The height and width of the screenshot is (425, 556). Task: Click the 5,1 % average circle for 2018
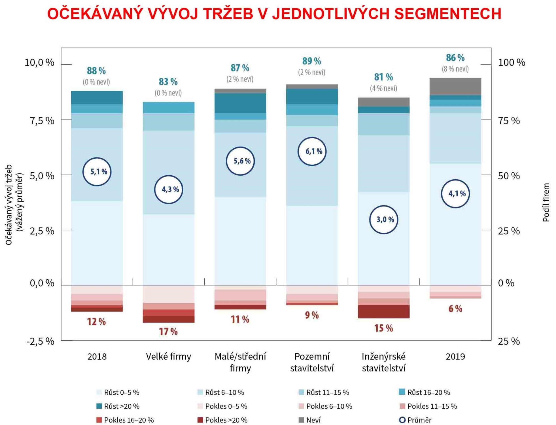[x=97, y=172]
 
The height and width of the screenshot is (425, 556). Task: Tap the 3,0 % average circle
[x=384, y=220]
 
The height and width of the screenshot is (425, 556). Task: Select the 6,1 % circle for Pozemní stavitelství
[x=312, y=151]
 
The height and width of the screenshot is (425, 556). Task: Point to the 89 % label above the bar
[x=311, y=61]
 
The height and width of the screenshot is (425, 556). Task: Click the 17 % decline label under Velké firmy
[x=168, y=331]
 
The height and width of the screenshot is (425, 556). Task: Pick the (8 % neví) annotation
[x=455, y=69]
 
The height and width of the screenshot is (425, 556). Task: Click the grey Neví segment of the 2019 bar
[x=455, y=86]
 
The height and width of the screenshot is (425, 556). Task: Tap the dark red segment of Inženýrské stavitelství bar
[x=384, y=312]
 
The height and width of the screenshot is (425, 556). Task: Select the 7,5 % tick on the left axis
[x=42, y=121]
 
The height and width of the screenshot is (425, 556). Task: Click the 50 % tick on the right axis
[x=509, y=176]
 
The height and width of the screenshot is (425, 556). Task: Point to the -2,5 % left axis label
[x=40, y=341]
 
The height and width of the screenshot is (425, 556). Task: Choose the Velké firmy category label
[x=168, y=356]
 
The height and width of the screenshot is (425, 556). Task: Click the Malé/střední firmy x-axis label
[x=240, y=362]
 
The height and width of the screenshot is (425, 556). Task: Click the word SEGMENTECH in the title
[x=448, y=14]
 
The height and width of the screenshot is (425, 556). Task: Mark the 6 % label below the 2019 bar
[x=455, y=309]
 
